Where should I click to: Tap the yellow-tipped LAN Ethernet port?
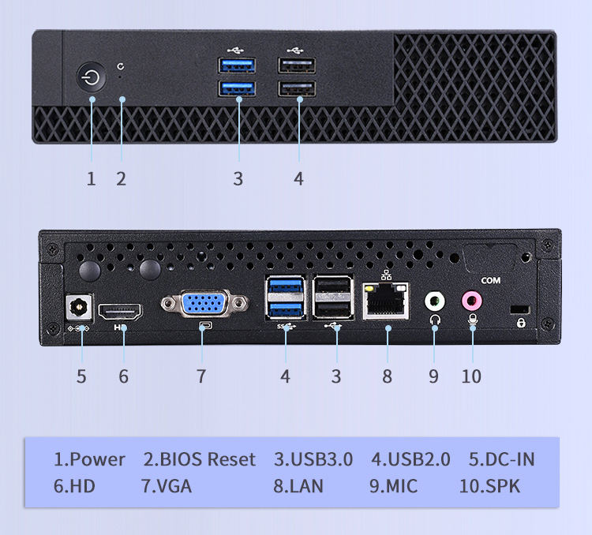(386, 301)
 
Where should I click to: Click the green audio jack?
(434, 301)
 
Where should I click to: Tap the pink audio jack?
(472, 300)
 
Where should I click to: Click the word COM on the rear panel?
(490, 280)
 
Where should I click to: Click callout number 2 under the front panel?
(121, 178)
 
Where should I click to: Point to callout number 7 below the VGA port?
(201, 376)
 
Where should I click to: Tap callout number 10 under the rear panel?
(471, 376)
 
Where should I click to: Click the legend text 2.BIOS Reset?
(200, 459)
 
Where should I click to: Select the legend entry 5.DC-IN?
(501, 459)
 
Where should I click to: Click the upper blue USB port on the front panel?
(238, 65)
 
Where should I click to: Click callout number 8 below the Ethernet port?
(387, 376)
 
